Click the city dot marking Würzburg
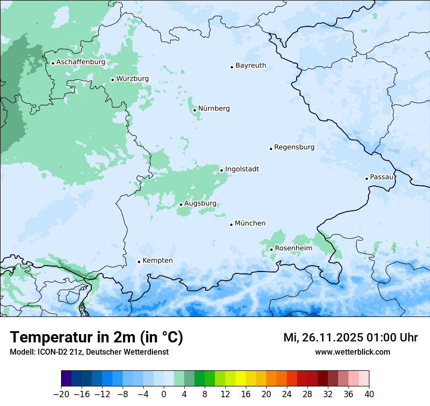point(112,80)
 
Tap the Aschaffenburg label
point(81,62)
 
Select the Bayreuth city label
point(251,66)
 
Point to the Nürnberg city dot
point(194,110)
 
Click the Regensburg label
point(294,147)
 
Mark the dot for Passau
point(366,179)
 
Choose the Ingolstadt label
point(242,169)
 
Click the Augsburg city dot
point(181,204)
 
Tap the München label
point(250,224)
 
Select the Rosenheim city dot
point(271,250)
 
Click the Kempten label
point(157,261)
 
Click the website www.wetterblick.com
point(352,352)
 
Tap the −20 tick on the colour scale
point(61,394)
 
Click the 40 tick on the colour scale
point(369,394)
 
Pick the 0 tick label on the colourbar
point(164,394)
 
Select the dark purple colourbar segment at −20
point(66,379)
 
